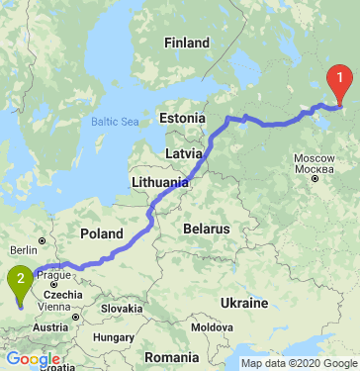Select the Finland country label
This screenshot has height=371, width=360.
tap(187, 44)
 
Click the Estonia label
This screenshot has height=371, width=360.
tap(181, 120)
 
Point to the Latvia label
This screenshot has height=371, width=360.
tap(184, 154)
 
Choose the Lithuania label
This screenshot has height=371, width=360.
tap(159, 183)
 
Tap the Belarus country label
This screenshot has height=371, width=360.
tap(206, 229)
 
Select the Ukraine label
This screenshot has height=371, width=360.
tap(245, 302)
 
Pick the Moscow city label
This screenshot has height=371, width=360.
tap(316, 158)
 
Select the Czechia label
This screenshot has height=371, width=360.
tap(62, 294)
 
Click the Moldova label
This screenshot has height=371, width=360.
tap(213, 326)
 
